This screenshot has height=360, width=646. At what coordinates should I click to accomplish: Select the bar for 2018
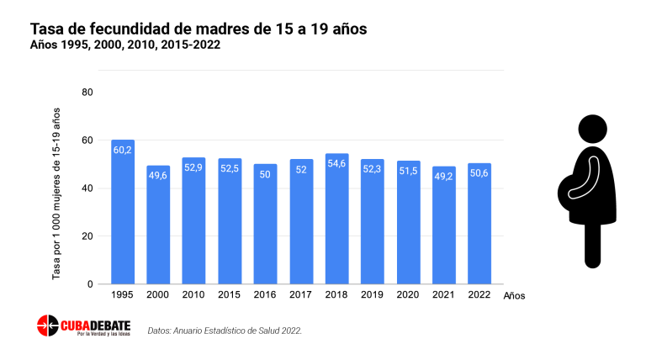337,219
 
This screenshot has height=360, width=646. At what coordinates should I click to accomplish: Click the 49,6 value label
158,175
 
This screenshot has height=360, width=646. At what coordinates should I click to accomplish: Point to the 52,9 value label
194,167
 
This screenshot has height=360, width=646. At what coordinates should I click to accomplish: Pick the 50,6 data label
479,172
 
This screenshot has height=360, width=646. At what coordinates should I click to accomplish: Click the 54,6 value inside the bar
337,163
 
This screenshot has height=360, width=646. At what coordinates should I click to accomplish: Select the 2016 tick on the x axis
266,295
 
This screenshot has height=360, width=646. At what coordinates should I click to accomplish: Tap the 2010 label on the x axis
194,295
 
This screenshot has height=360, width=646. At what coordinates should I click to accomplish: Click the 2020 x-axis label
409,295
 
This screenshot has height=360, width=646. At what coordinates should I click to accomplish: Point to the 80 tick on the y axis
87,92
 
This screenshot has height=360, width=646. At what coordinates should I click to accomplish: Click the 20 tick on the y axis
87,236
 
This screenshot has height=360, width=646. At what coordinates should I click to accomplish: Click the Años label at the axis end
514,296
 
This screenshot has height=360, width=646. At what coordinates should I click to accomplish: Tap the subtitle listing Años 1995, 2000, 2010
125,45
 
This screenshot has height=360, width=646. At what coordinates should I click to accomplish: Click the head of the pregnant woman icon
592,130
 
